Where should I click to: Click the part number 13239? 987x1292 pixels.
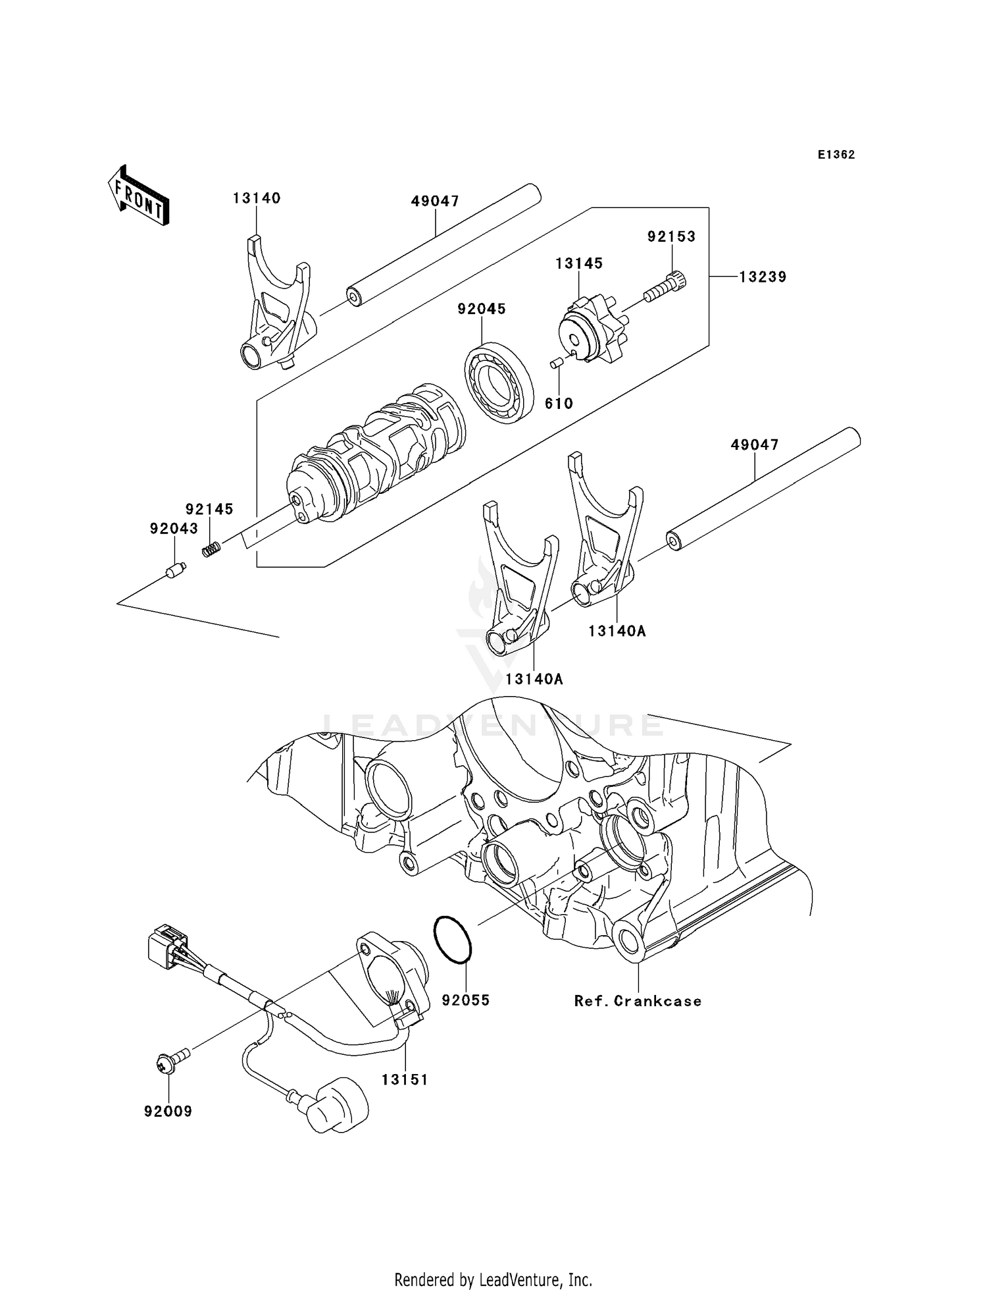(762, 277)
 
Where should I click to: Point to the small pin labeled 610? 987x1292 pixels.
(555, 362)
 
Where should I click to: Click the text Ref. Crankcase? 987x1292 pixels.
(638, 1001)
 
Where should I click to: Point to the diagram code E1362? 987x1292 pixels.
(836, 155)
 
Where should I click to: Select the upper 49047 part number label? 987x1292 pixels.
(435, 202)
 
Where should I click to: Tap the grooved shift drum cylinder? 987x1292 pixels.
(375, 454)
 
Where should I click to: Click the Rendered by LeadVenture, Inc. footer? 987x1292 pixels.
(493, 1279)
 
